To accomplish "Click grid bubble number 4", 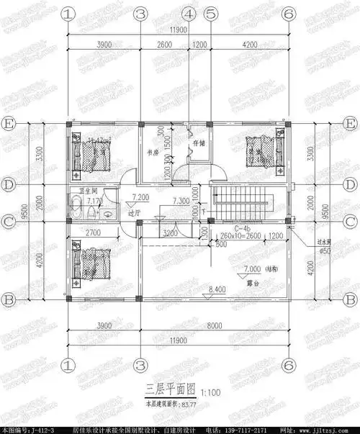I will coord(189,14).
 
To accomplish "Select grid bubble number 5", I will coord(211,14).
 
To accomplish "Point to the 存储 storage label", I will coord(199,144).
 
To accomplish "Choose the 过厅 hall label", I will coord(132,214).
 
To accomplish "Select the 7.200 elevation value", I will coord(140,196).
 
